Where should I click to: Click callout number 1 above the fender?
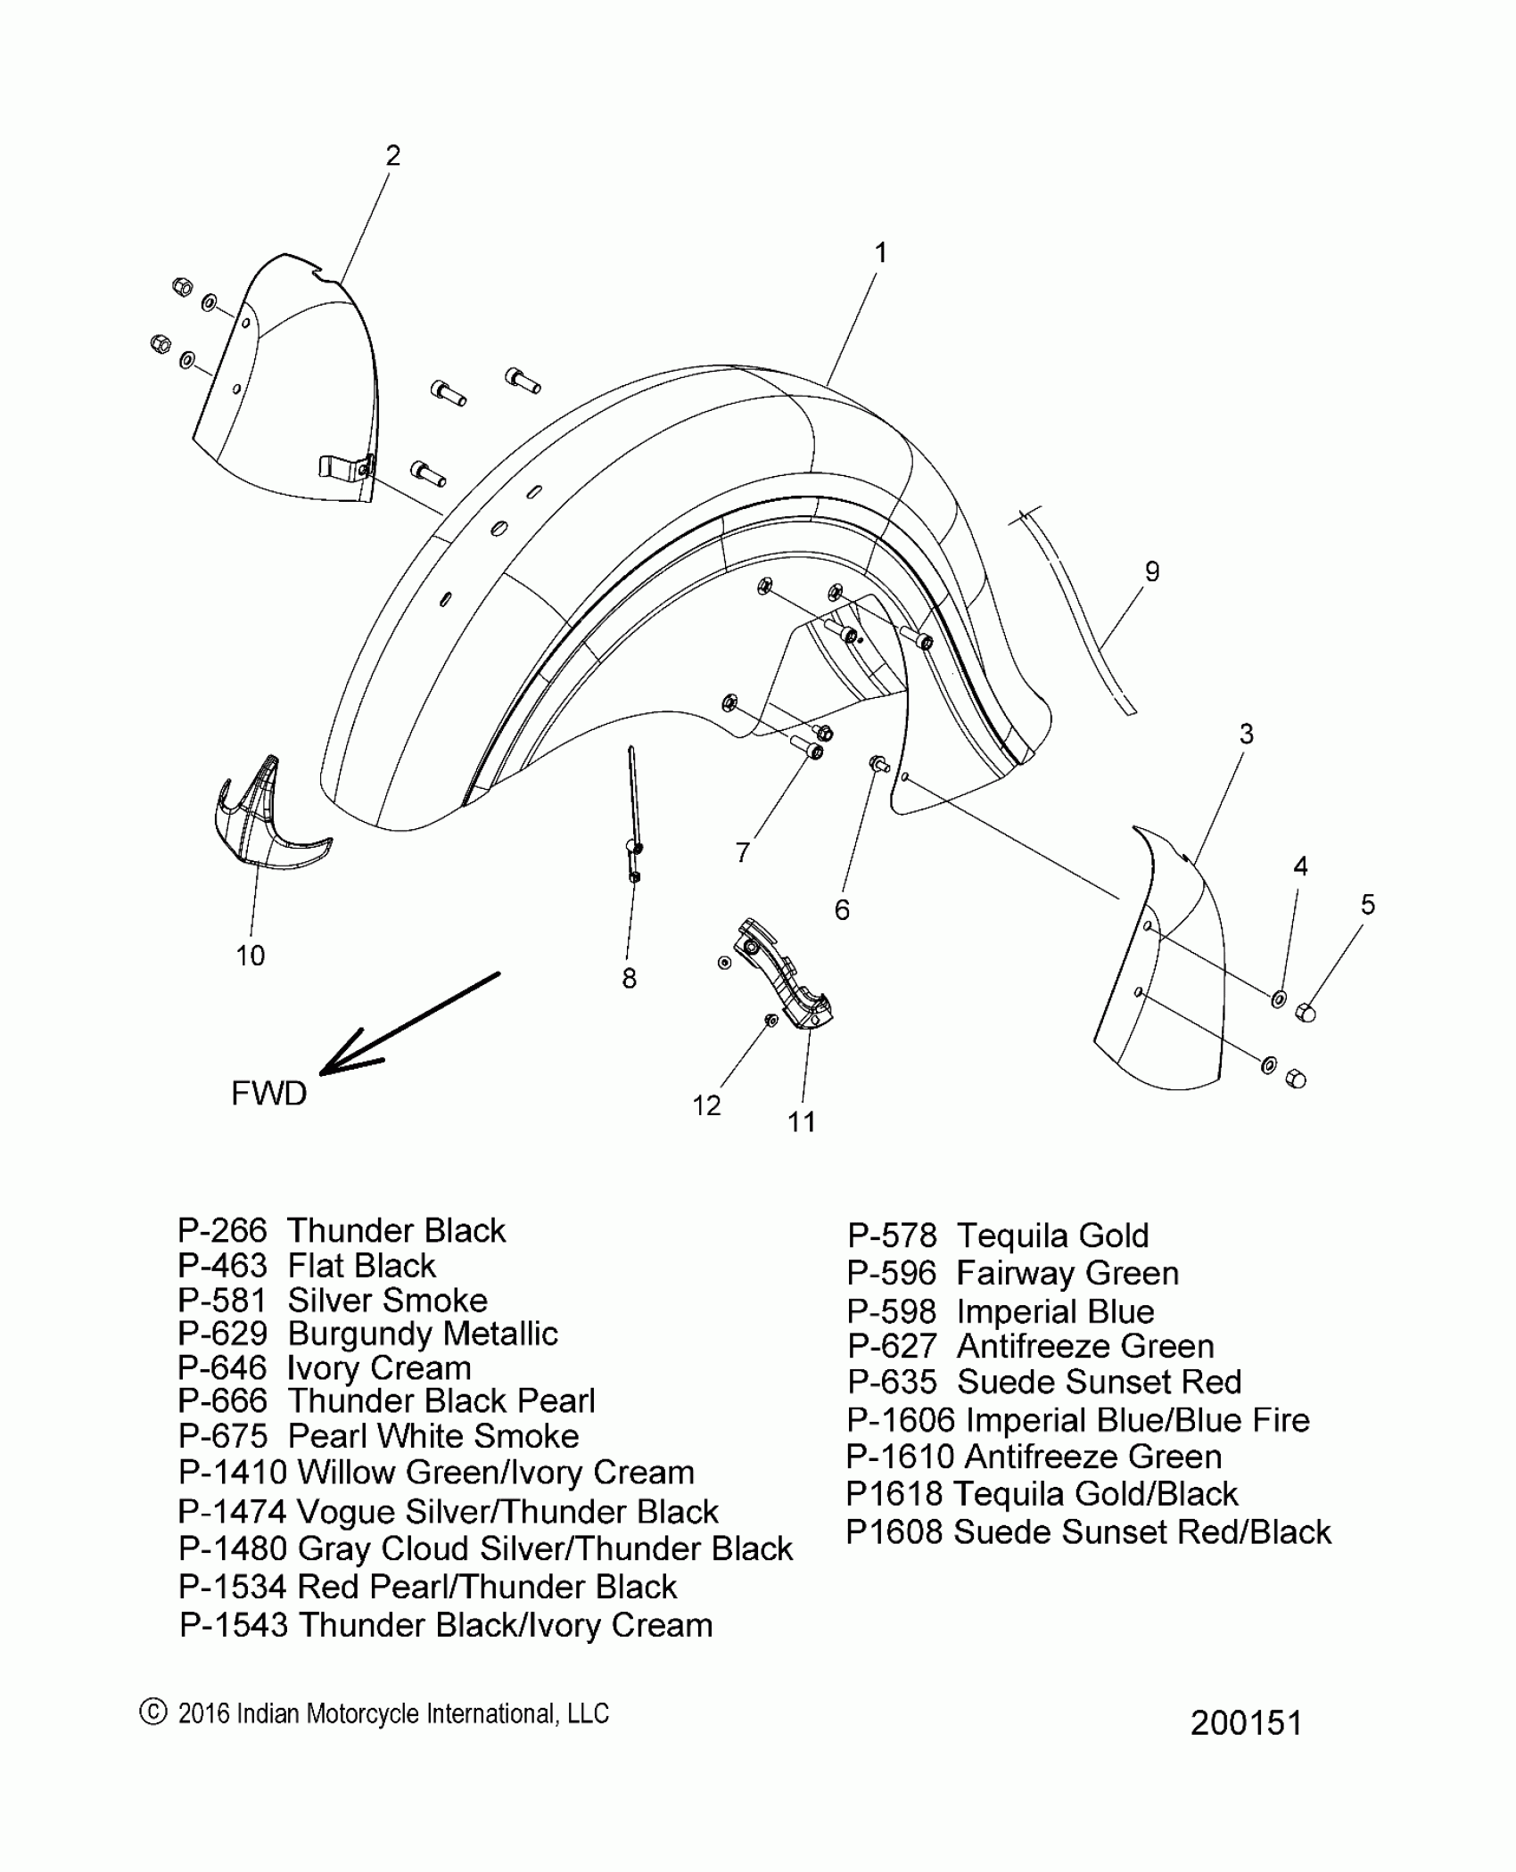880,253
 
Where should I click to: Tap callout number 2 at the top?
392,156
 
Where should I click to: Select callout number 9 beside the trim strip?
1151,571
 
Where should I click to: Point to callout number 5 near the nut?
1368,905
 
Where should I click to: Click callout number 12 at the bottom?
706,1105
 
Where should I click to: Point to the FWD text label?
268,1093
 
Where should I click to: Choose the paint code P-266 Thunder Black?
342,1231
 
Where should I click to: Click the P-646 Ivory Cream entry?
325,1368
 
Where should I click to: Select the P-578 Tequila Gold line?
998,1236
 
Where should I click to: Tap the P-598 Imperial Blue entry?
1001,1312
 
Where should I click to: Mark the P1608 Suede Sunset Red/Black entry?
1088,1532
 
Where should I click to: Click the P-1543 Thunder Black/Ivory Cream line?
446,1625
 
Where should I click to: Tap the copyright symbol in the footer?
153,1711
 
